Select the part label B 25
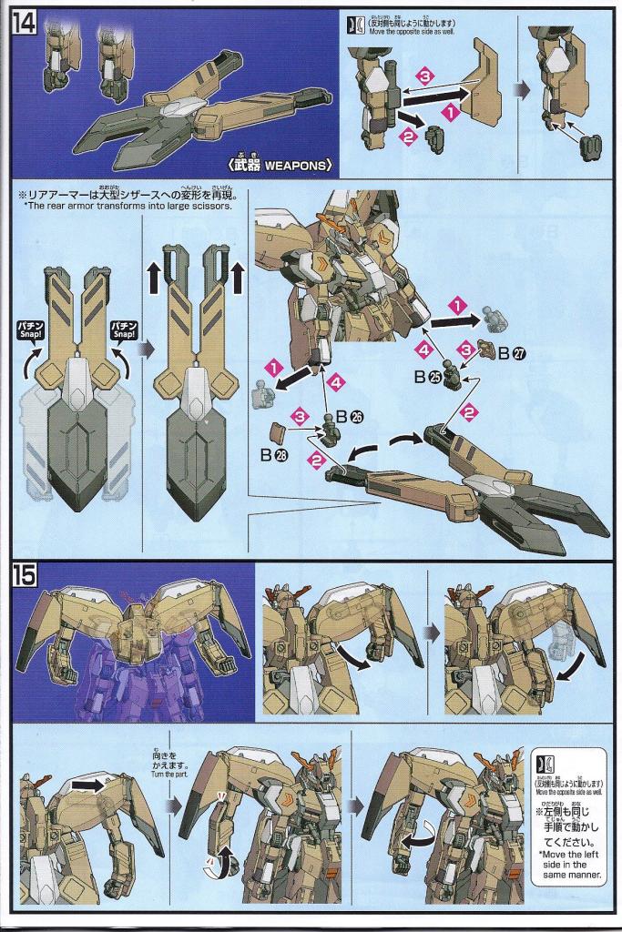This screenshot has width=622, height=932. click(425, 375)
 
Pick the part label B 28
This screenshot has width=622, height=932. click(274, 456)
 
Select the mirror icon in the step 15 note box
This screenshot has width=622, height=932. click(544, 762)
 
